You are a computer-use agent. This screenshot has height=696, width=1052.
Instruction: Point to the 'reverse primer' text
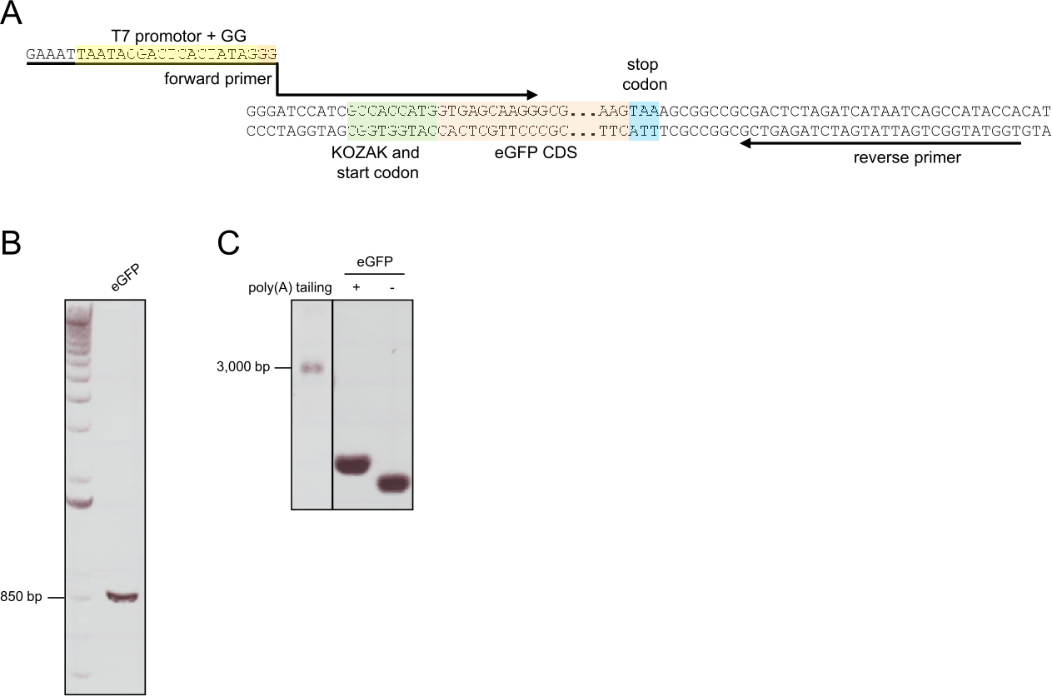tap(907, 157)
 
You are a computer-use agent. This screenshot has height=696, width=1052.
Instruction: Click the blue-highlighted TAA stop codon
tap(644, 110)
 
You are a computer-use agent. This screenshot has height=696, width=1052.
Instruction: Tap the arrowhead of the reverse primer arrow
tap(747, 143)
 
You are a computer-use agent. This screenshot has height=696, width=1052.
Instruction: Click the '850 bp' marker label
tap(21, 597)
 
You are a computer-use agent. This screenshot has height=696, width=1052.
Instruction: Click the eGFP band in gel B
tap(122, 596)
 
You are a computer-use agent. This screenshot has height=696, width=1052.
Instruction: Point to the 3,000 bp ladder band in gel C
tap(312, 368)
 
